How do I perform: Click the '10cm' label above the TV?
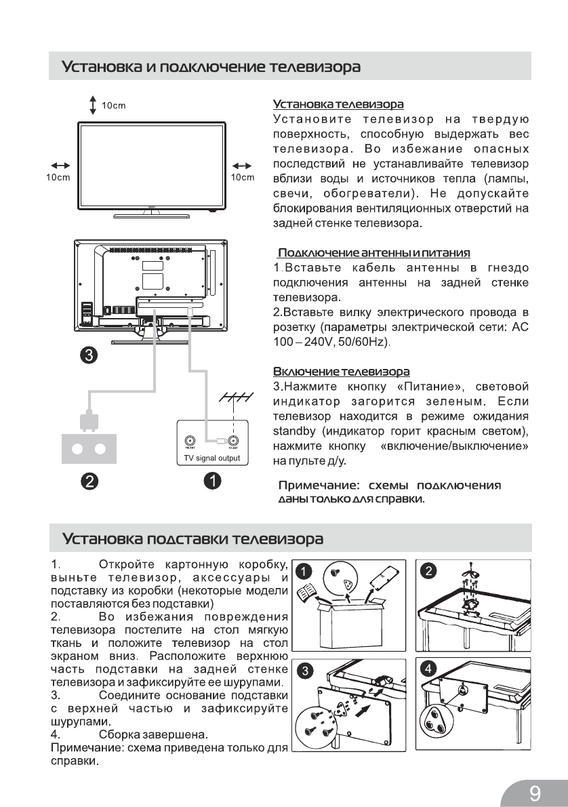tap(115, 105)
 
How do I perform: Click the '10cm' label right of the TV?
tap(242, 178)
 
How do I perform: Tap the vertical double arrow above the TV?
tap(93, 105)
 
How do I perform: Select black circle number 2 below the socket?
tap(88, 481)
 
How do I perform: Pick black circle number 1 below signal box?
tap(212, 481)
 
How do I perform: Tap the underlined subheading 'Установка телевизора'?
tap(338, 104)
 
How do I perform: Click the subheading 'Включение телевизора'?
tap(341, 372)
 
